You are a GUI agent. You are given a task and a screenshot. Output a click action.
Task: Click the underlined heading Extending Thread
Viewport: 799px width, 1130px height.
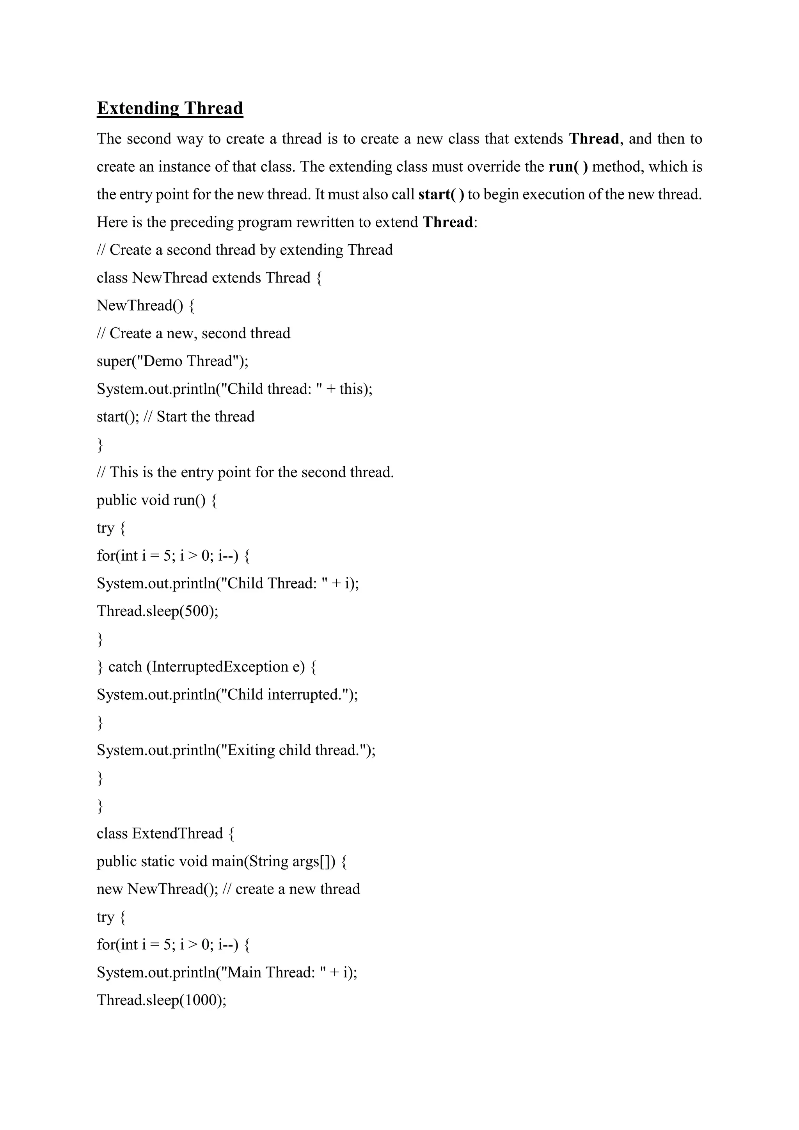(x=170, y=108)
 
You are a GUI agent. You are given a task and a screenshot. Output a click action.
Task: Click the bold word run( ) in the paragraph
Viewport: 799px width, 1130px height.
(x=568, y=167)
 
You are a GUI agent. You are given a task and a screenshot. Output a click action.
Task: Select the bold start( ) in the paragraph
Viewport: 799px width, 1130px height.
(x=441, y=194)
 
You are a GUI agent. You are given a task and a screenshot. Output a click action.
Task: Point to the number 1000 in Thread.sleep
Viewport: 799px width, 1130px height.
(x=202, y=1000)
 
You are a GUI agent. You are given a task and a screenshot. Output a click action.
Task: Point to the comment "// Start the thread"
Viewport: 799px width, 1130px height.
(x=199, y=417)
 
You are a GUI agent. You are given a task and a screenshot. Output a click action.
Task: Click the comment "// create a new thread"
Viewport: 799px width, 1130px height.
(x=291, y=889)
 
